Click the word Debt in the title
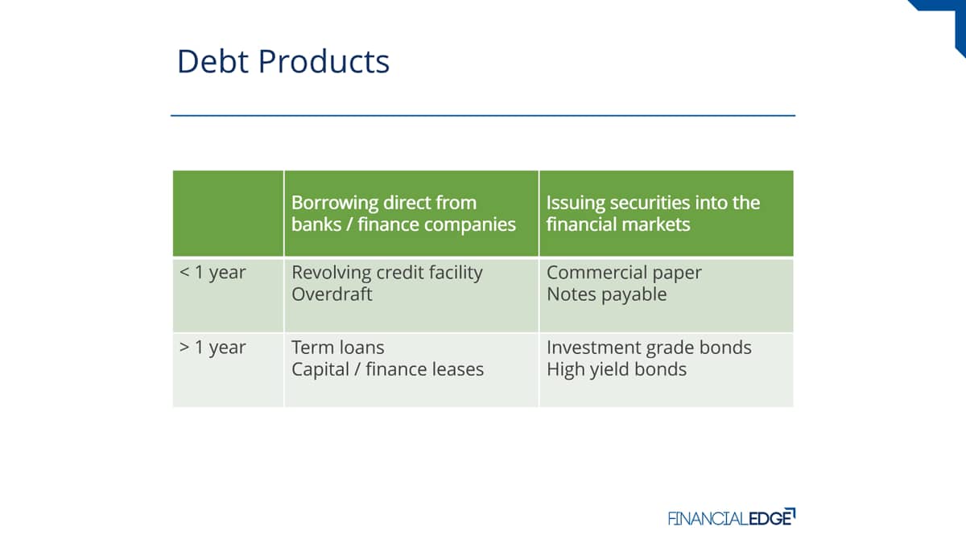click(213, 61)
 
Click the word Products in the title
click(324, 61)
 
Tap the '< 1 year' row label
click(213, 273)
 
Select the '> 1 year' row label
click(213, 348)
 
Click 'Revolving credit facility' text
click(387, 274)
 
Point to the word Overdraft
click(332, 294)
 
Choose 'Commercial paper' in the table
click(624, 274)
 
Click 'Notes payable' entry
click(606, 295)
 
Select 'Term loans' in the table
click(337, 348)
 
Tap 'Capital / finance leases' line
click(387, 369)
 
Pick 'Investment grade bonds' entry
click(649, 348)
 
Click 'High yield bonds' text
click(617, 370)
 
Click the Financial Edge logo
click(732, 517)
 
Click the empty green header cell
click(228, 213)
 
